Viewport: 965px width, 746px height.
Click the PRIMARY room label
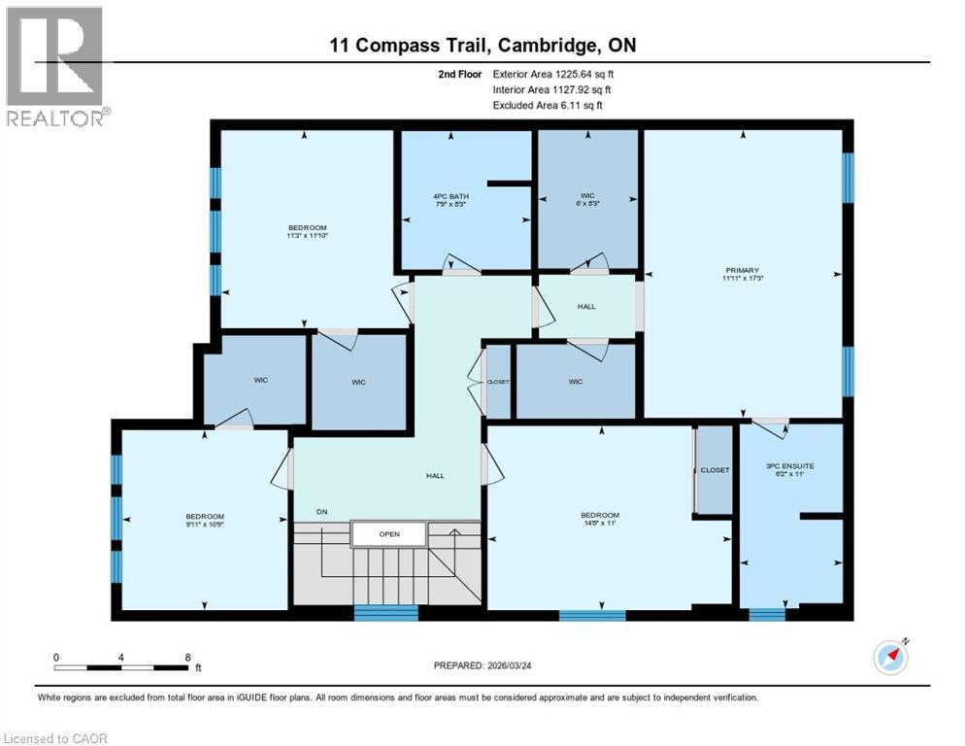[x=743, y=270]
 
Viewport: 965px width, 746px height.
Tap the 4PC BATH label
[x=450, y=196]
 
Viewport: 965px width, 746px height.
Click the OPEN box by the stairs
[x=388, y=533]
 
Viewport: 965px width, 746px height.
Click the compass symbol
[x=890, y=657]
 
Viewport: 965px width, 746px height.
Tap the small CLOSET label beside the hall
[x=498, y=382]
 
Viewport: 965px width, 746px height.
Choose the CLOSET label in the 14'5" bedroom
[x=715, y=469]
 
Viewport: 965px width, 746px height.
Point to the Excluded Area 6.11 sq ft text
[x=548, y=105]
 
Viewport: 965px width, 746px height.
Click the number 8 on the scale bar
[x=186, y=658]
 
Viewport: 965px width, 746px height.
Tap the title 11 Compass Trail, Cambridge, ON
[x=482, y=46]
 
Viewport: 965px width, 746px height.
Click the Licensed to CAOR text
[x=56, y=738]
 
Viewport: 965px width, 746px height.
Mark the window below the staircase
[x=385, y=613]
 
